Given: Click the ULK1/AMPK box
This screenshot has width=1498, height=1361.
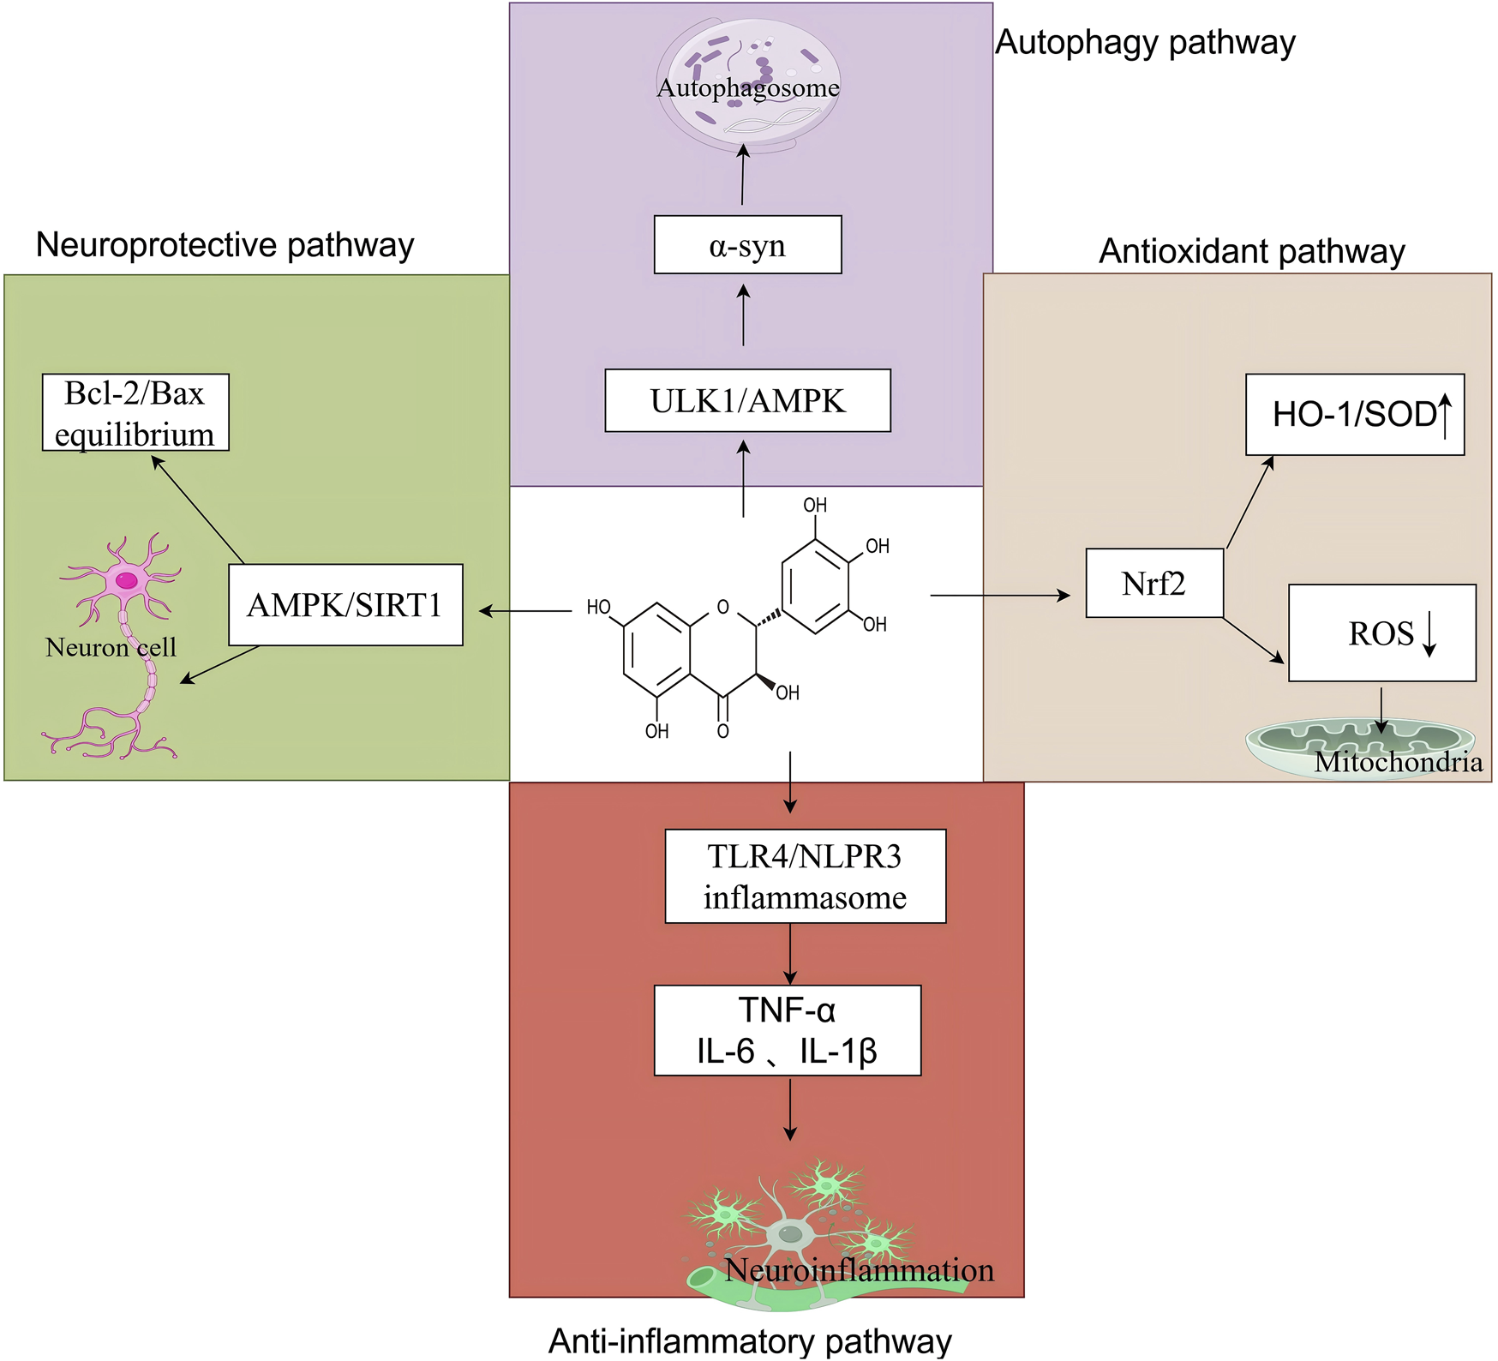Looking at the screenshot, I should pyautogui.click(x=747, y=400).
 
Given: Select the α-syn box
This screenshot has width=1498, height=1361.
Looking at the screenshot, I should pyautogui.click(x=747, y=245).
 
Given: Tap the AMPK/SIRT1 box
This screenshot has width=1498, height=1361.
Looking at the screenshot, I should pyautogui.click(x=345, y=605).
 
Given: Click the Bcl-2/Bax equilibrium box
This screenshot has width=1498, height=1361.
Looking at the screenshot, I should pyautogui.click(x=135, y=412).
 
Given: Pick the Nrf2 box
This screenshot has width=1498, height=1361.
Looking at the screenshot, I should pyautogui.click(x=1153, y=584).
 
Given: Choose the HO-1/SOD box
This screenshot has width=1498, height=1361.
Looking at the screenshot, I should pyautogui.click(x=1354, y=415).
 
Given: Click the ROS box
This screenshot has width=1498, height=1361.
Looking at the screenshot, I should pyautogui.click(x=1381, y=633).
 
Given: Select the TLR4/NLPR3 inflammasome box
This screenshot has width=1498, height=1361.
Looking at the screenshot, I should pyautogui.click(x=805, y=876).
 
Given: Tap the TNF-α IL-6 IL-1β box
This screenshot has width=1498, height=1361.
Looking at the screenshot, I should pyautogui.click(x=787, y=1030).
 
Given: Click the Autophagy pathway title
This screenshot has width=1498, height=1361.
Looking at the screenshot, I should pyautogui.click(x=1145, y=42).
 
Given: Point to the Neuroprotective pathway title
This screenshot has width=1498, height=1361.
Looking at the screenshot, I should pyautogui.click(x=225, y=245).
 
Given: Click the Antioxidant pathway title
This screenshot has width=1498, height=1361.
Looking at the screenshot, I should pyautogui.click(x=1251, y=251).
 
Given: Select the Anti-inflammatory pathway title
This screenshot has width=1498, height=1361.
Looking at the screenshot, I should pyautogui.click(x=750, y=1341).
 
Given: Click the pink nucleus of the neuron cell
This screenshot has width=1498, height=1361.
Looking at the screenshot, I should pyautogui.click(x=127, y=580).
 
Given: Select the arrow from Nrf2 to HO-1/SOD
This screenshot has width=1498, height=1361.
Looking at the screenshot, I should pyautogui.click(x=1250, y=502).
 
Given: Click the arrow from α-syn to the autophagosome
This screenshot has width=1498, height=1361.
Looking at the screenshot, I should pyautogui.click(x=743, y=175).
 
